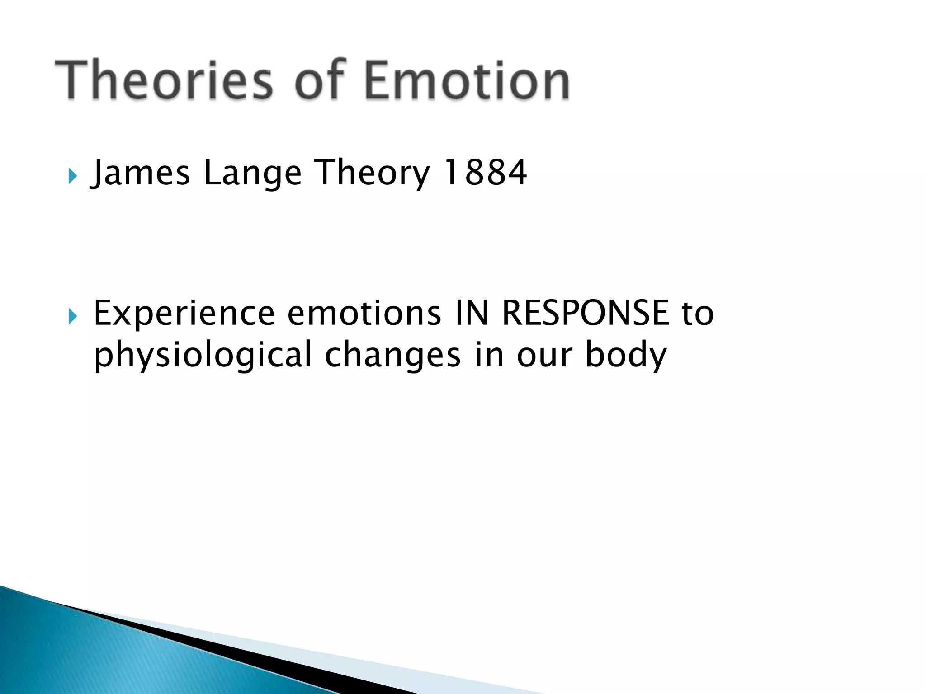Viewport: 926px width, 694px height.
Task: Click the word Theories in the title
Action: [x=164, y=80]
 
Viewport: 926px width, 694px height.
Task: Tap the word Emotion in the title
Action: [x=467, y=80]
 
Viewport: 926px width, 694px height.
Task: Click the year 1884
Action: [x=485, y=173]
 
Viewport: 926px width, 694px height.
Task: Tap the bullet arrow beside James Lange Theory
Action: [x=72, y=176]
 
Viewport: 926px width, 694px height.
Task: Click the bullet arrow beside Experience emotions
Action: [x=72, y=317]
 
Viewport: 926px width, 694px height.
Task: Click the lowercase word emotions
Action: [x=364, y=313]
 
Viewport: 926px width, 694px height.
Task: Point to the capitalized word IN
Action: [x=472, y=313]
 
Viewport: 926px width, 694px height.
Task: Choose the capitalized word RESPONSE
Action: [x=585, y=313]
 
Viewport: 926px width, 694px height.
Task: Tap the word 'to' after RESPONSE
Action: [x=698, y=314]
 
